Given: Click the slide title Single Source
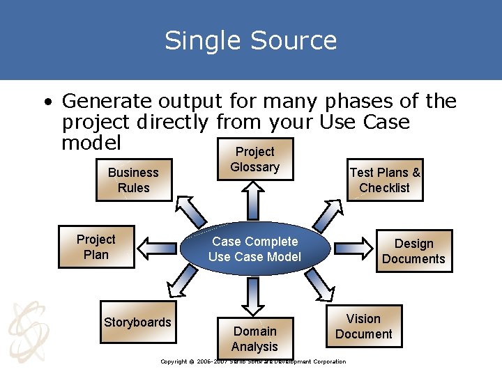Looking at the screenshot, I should [x=251, y=40].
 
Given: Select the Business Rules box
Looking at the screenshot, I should [x=133, y=180].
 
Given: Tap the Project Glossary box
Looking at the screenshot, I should [x=255, y=159].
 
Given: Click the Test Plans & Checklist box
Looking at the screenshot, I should [x=385, y=180].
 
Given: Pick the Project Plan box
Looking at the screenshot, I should [x=96, y=247].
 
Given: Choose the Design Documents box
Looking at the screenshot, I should [x=413, y=251].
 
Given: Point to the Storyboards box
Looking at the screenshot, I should [x=137, y=322].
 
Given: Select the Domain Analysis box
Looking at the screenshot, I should [x=254, y=338].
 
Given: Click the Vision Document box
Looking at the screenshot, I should [x=363, y=326].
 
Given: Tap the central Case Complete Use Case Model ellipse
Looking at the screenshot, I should [x=254, y=249].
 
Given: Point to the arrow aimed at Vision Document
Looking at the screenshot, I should [x=319, y=285].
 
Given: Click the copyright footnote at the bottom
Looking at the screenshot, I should [x=252, y=361].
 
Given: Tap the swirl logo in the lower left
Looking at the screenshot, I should [x=26, y=328].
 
